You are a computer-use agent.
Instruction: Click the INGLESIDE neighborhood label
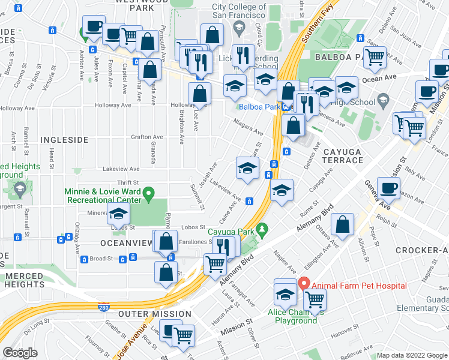(x=64, y=139)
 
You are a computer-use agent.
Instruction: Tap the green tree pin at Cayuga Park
(x=261, y=230)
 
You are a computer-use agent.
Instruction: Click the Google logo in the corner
(x=20, y=353)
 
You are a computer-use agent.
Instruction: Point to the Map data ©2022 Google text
(x=412, y=355)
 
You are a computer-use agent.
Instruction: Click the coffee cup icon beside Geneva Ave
(x=388, y=187)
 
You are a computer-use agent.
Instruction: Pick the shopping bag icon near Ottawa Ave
(x=342, y=225)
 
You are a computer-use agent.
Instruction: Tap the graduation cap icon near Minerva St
(x=118, y=212)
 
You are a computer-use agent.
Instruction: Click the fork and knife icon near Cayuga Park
(x=221, y=244)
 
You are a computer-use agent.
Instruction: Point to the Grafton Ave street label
(x=147, y=137)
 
